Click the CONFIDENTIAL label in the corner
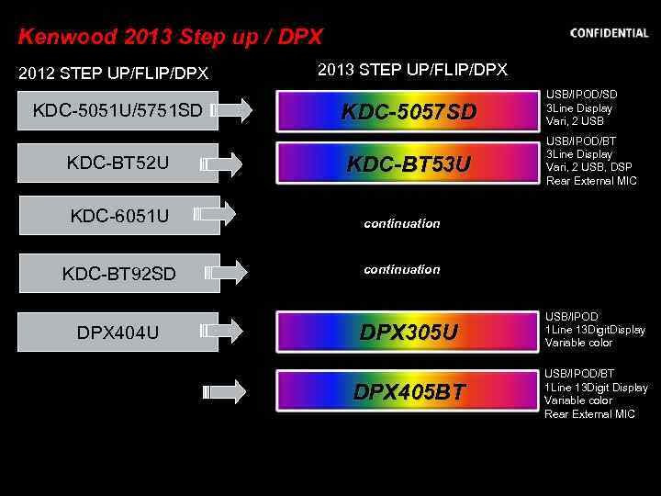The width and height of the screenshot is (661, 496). click(609, 33)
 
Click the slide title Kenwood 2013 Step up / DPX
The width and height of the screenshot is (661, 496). click(170, 38)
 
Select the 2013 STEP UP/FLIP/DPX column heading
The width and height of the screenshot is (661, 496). click(412, 70)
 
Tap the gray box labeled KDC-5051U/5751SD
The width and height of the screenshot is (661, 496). click(118, 111)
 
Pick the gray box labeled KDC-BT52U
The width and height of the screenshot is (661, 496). click(118, 163)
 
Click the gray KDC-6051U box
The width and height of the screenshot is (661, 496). click(119, 216)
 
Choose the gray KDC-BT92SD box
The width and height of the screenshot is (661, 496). click(119, 273)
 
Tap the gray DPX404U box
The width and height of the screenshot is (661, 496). click(118, 332)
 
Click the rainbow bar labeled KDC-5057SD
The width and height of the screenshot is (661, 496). click(409, 112)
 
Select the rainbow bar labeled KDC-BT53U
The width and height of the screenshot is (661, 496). click(409, 164)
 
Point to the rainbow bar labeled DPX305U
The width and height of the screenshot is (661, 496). click(409, 332)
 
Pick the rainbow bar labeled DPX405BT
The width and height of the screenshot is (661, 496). click(409, 392)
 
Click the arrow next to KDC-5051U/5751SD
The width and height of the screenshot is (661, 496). click(231, 110)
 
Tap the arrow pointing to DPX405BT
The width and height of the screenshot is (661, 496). click(228, 392)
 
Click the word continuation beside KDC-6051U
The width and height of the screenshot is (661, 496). click(401, 223)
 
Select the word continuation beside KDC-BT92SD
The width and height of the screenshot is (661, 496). click(401, 269)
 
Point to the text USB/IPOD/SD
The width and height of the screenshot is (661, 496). click(581, 95)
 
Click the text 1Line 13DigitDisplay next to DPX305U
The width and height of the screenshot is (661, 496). click(595, 330)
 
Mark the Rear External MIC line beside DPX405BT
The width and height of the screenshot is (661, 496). click(589, 414)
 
